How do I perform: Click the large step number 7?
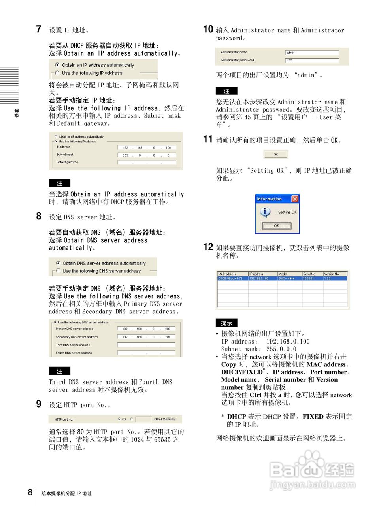(x=39, y=29)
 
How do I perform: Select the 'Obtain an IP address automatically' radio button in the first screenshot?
(x=58, y=65)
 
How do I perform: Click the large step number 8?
(x=39, y=216)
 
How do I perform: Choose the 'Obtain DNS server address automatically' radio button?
(x=58, y=263)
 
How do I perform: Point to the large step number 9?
(x=39, y=404)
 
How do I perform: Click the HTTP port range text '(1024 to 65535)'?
(x=165, y=419)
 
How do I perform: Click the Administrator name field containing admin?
(x=312, y=52)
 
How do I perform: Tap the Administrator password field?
(x=312, y=60)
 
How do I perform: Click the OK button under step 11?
(x=276, y=154)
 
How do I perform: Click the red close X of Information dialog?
(x=294, y=198)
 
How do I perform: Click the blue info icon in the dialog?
(x=265, y=212)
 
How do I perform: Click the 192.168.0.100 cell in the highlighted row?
(x=259, y=278)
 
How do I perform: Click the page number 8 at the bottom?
(x=30, y=492)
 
